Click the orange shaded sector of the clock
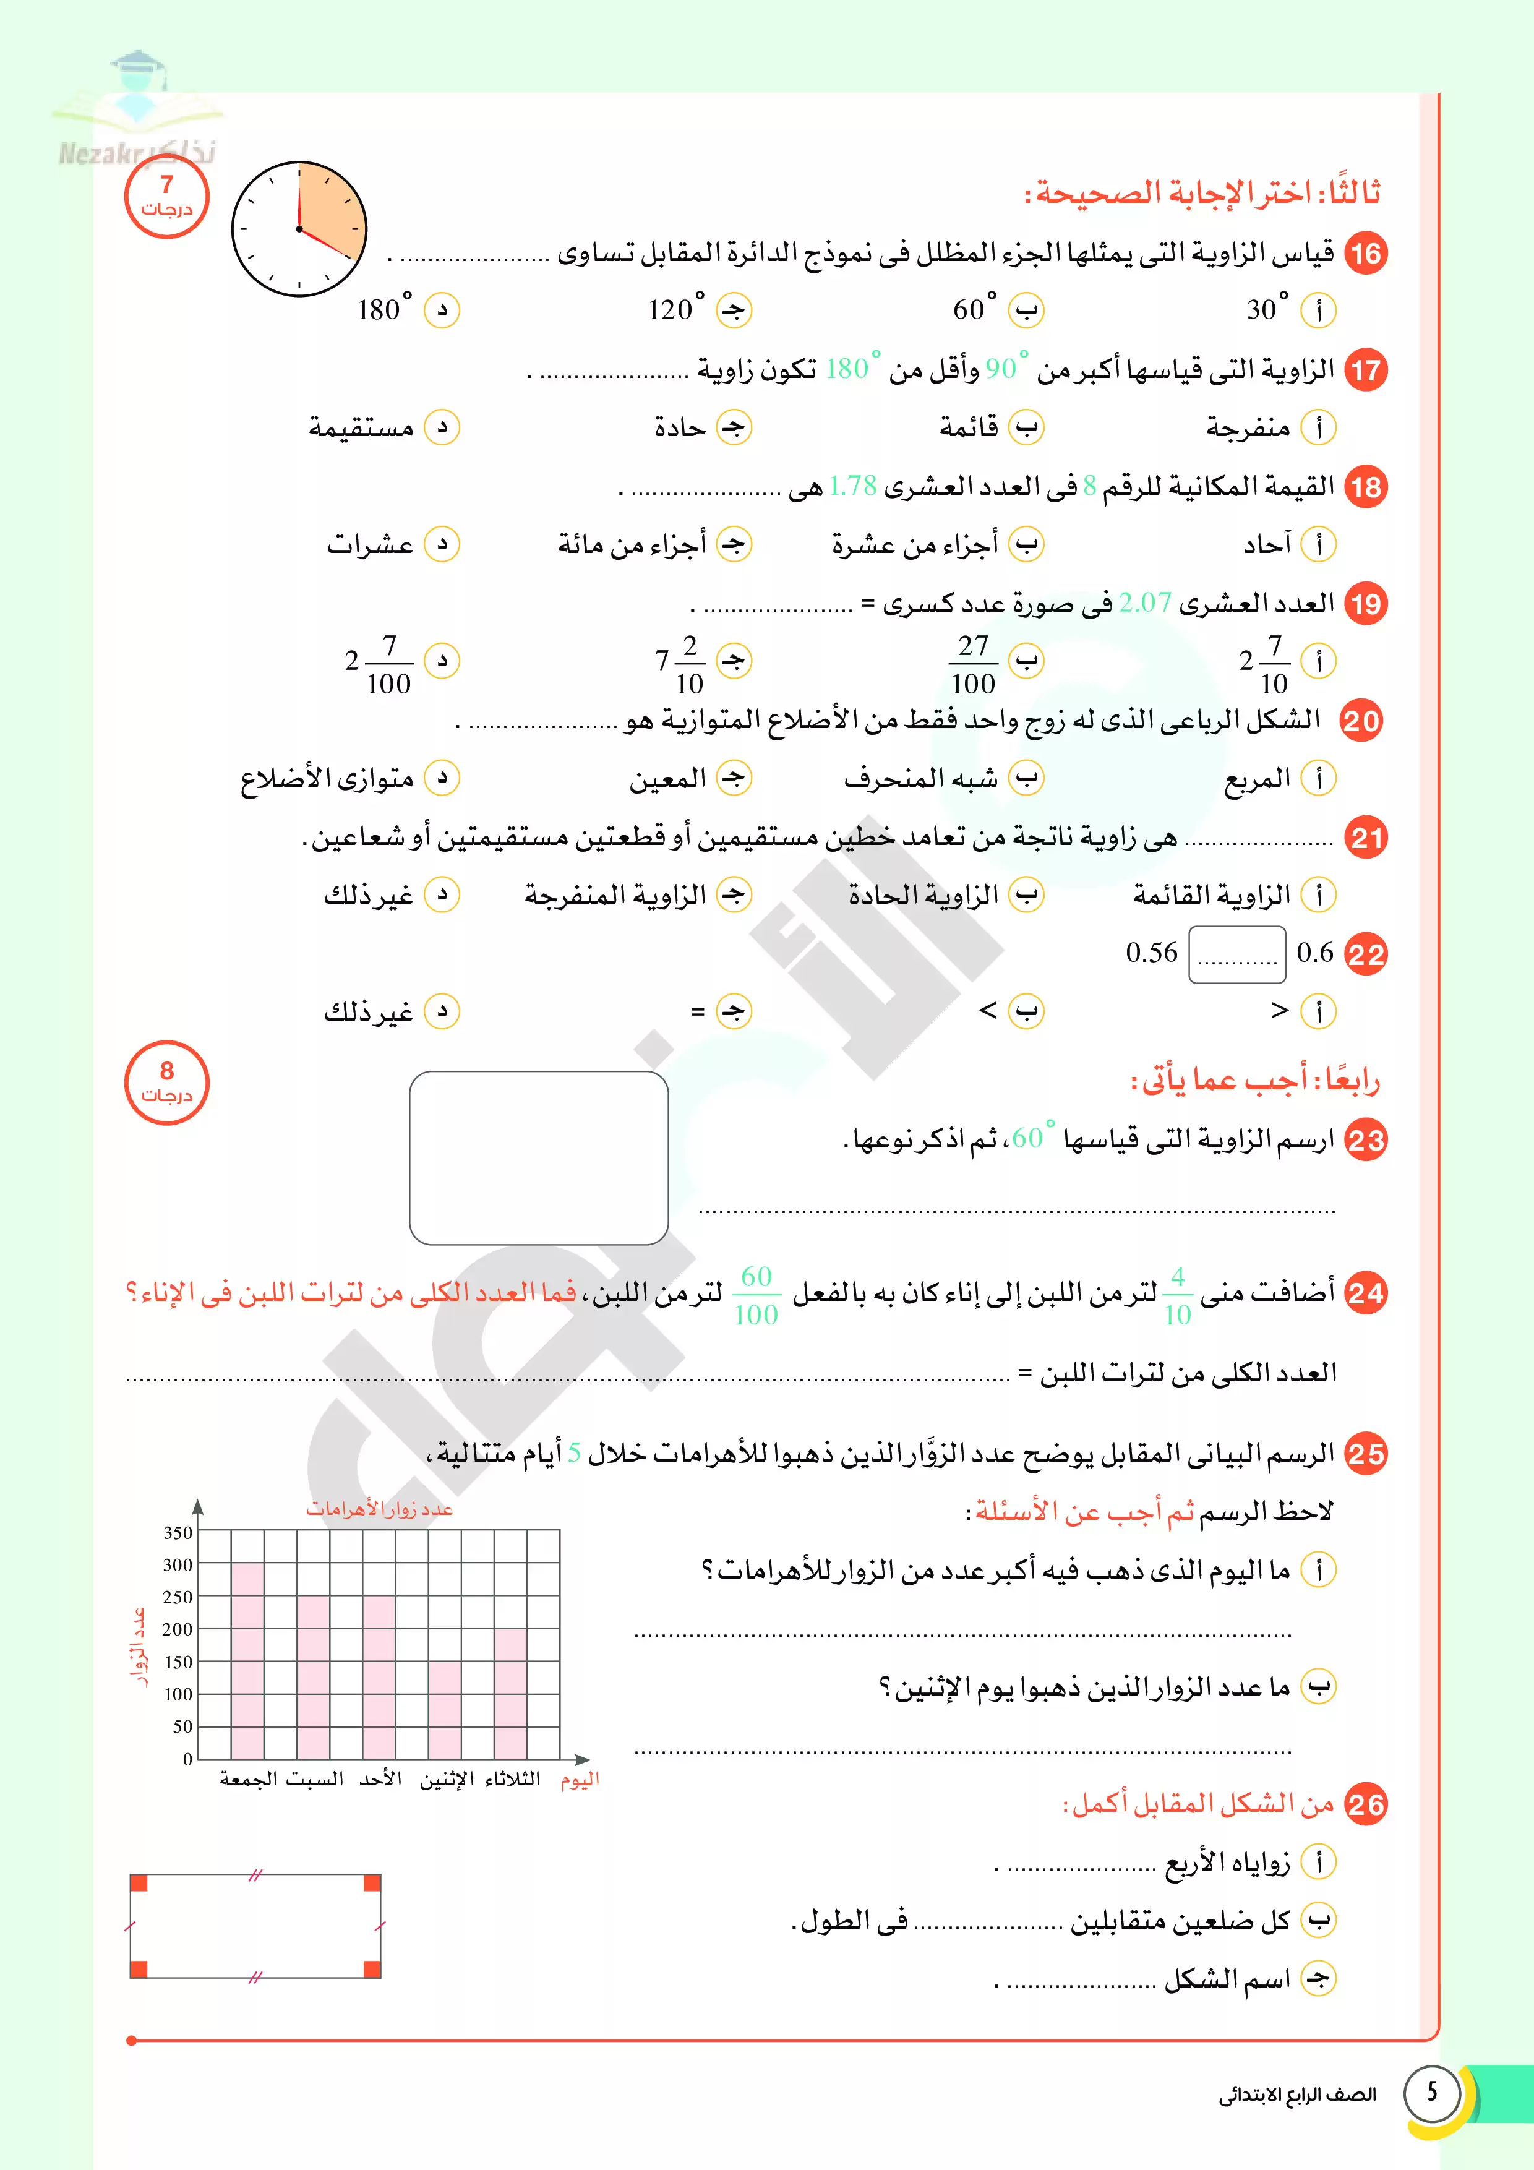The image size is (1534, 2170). (x=326, y=210)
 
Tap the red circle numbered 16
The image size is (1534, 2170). (x=1365, y=253)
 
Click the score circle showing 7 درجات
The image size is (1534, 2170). (x=166, y=197)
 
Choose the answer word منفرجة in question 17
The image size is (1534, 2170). (x=1248, y=428)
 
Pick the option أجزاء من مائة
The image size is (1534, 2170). (x=632, y=544)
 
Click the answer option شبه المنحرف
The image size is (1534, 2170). (x=920, y=779)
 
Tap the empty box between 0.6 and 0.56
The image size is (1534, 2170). (x=1236, y=954)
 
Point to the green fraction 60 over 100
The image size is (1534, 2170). (x=756, y=1295)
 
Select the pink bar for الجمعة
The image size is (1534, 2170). (x=247, y=1660)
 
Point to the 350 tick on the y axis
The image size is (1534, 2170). (x=178, y=1533)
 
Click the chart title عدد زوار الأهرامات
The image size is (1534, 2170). (x=379, y=1509)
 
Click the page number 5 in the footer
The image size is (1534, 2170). (x=1432, y=2091)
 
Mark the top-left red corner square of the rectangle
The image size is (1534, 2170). (x=139, y=1883)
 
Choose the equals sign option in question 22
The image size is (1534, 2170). (x=698, y=1012)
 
